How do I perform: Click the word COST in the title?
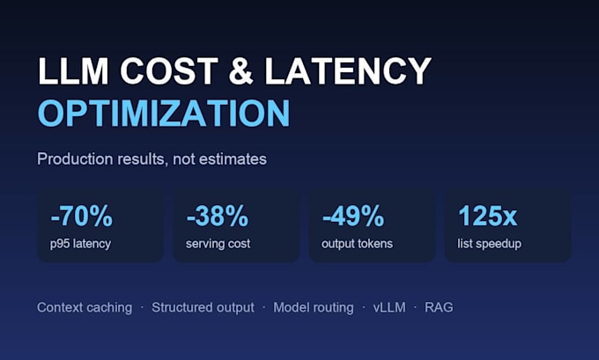[x=169, y=71]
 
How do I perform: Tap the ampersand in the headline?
[x=241, y=71]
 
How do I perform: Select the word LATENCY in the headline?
[x=348, y=71]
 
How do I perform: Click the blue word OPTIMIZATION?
[x=164, y=113]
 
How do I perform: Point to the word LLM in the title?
[x=73, y=71]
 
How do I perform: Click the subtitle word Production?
[x=75, y=159]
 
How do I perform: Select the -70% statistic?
[x=81, y=216]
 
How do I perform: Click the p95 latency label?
[x=80, y=244]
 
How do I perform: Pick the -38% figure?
[x=218, y=216]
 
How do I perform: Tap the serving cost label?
[x=218, y=244]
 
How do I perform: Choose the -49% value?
[x=353, y=216]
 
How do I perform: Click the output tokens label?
[x=357, y=244]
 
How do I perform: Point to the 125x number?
[x=487, y=216]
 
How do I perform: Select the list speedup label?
[x=490, y=244]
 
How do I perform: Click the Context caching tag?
[x=85, y=308]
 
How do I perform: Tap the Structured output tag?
[x=203, y=308]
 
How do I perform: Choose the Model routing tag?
[x=314, y=308]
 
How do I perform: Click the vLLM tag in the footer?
[x=389, y=308]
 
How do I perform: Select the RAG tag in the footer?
[x=439, y=308]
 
